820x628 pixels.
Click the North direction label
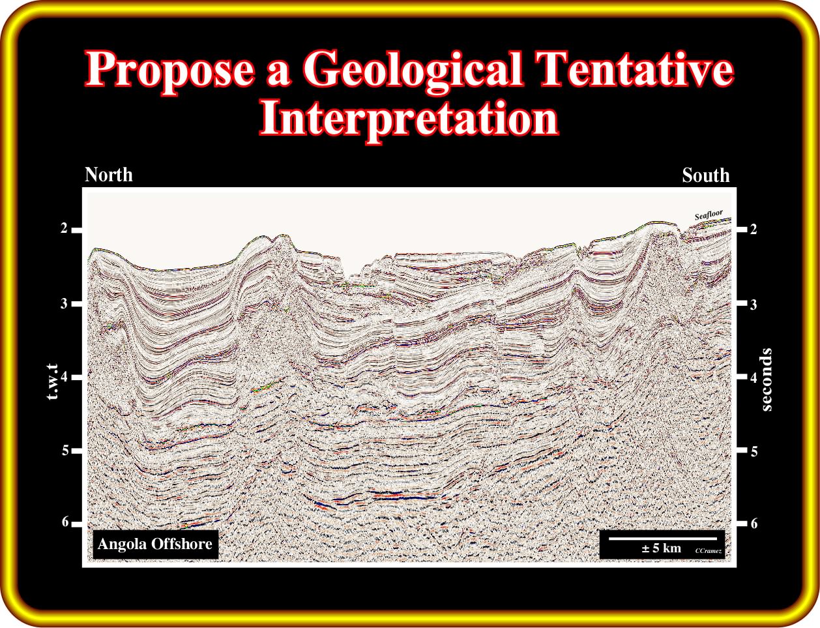coord(109,175)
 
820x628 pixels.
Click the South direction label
coord(706,175)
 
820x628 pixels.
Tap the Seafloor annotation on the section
coord(709,215)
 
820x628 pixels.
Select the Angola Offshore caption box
coord(156,544)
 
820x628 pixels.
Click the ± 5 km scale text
coord(661,548)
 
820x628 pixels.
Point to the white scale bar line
coord(663,539)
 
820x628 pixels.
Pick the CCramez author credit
coord(709,551)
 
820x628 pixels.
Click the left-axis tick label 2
coord(64,229)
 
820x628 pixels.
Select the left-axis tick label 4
coord(64,377)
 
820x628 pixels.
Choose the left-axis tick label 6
coord(65,522)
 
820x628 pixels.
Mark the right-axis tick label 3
coord(754,304)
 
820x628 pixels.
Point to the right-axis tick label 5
coord(754,451)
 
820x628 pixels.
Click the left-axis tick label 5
coord(65,451)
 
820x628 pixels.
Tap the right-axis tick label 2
coord(754,229)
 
